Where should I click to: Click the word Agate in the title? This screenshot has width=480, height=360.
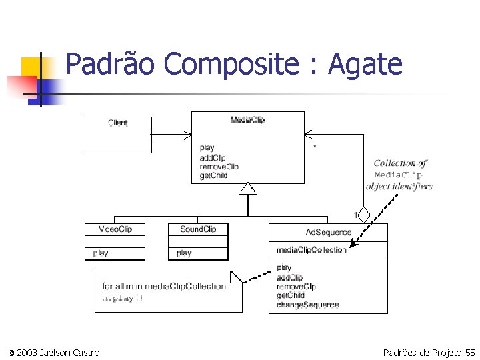tap(366, 65)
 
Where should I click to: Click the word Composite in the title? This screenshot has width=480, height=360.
tap(231, 65)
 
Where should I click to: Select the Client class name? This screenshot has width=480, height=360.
tap(118, 123)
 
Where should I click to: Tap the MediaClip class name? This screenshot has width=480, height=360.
tap(247, 119)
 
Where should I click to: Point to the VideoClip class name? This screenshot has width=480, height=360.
tap(115, 229)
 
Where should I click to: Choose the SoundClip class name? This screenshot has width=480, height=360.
tap(198, 229)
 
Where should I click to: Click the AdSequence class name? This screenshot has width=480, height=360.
tap(328, 232)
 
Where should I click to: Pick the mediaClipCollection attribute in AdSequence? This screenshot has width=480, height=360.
tap(311, 250)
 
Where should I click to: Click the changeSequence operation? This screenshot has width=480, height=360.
tap(307, 305)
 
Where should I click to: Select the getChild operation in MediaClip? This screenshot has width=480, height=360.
tap(213, 176)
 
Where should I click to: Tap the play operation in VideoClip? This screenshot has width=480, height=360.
tap(101, 253)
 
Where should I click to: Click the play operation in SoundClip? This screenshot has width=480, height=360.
tap(184, 253)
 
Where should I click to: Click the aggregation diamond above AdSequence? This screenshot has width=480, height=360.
tap(363, 215)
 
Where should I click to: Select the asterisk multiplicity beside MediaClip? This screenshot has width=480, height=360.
tap(315, 147)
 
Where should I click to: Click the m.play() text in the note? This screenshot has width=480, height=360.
tap(122, 298)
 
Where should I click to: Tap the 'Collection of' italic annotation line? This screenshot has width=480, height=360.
tap(400, 163)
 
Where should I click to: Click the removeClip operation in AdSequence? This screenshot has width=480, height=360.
tap(296, 287)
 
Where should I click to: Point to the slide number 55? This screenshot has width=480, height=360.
tap(470, 352)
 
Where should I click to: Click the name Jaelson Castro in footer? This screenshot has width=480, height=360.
tap(69, 352)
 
